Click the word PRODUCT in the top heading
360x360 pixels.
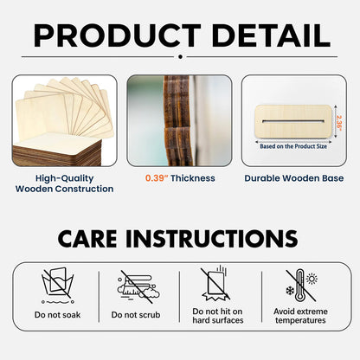tap(118, 35)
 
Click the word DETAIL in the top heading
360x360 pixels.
tap(271, 35)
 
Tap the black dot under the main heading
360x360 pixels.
tap(180, 57)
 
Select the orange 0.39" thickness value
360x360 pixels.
tap(157, 178)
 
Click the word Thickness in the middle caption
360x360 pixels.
tap(193, 178)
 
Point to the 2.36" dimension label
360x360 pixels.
tap(339, 123)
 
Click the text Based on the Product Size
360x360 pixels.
tap(293, 146)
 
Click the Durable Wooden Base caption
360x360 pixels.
tap(294, 178)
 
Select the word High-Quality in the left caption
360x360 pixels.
tap(64, 178)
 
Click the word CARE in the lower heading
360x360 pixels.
tap(87, 239)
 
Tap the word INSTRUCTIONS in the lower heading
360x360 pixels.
tap(212, 239)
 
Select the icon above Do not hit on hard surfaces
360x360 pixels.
tap(215, 284)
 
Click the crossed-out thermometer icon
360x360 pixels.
tap(300, 286)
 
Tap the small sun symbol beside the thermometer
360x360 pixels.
tap(312, 279)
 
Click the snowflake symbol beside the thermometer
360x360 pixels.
tap(290, 291)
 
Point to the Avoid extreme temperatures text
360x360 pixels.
tap(300, 316)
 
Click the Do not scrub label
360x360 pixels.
tap(136, 315)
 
